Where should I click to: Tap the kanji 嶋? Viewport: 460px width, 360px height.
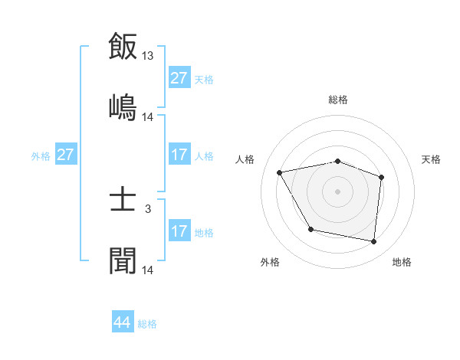[x=123, y=106]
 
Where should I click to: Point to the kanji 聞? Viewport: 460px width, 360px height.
[x=123, y=260]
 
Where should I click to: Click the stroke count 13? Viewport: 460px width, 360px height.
[x=148, y=55]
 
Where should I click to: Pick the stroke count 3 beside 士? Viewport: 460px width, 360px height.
[x=148, y=208]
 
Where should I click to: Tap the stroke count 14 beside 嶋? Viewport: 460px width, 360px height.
[x=148, y=117]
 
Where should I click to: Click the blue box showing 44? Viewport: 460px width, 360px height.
[x=123, y=323]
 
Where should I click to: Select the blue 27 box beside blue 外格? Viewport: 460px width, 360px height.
[x=66, y=155]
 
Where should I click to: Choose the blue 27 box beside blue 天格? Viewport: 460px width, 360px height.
[x=179, y=78]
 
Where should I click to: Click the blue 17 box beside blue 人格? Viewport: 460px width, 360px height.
[x=179, y=155]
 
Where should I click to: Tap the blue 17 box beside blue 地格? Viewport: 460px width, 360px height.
[x=179, y=231]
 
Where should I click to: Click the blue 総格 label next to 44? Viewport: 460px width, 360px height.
[x=147, y=324]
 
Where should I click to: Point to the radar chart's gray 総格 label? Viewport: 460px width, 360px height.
[x=338, y=100]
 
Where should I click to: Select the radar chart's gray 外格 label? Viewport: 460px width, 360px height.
[x=270, y=262]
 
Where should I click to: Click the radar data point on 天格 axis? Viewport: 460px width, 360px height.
[x=381, y=177]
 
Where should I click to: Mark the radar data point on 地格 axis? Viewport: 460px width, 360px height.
[x=373, y=241]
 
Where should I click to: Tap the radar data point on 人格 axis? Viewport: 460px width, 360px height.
[x=280, y=172]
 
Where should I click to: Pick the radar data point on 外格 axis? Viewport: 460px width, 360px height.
[x=310, y=229]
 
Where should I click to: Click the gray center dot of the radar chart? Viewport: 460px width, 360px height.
[x=338, y=191]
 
